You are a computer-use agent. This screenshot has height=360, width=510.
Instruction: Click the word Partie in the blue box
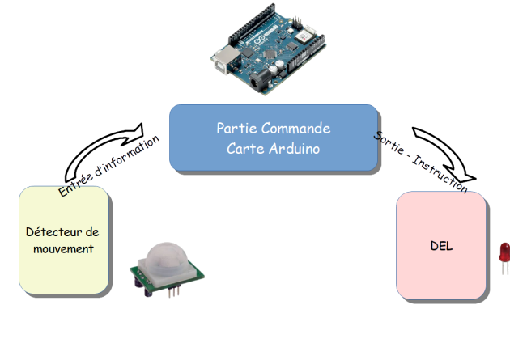point(233,129)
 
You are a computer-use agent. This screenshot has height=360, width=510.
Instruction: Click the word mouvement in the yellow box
point(63,248)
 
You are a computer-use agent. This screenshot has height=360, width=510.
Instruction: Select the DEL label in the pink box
point(441,246)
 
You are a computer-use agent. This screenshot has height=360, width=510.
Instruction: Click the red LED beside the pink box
point(503,256)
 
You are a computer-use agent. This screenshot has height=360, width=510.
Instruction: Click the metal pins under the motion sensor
point(172,293)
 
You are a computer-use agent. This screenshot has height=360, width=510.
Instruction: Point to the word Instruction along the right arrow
point(441,172)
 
